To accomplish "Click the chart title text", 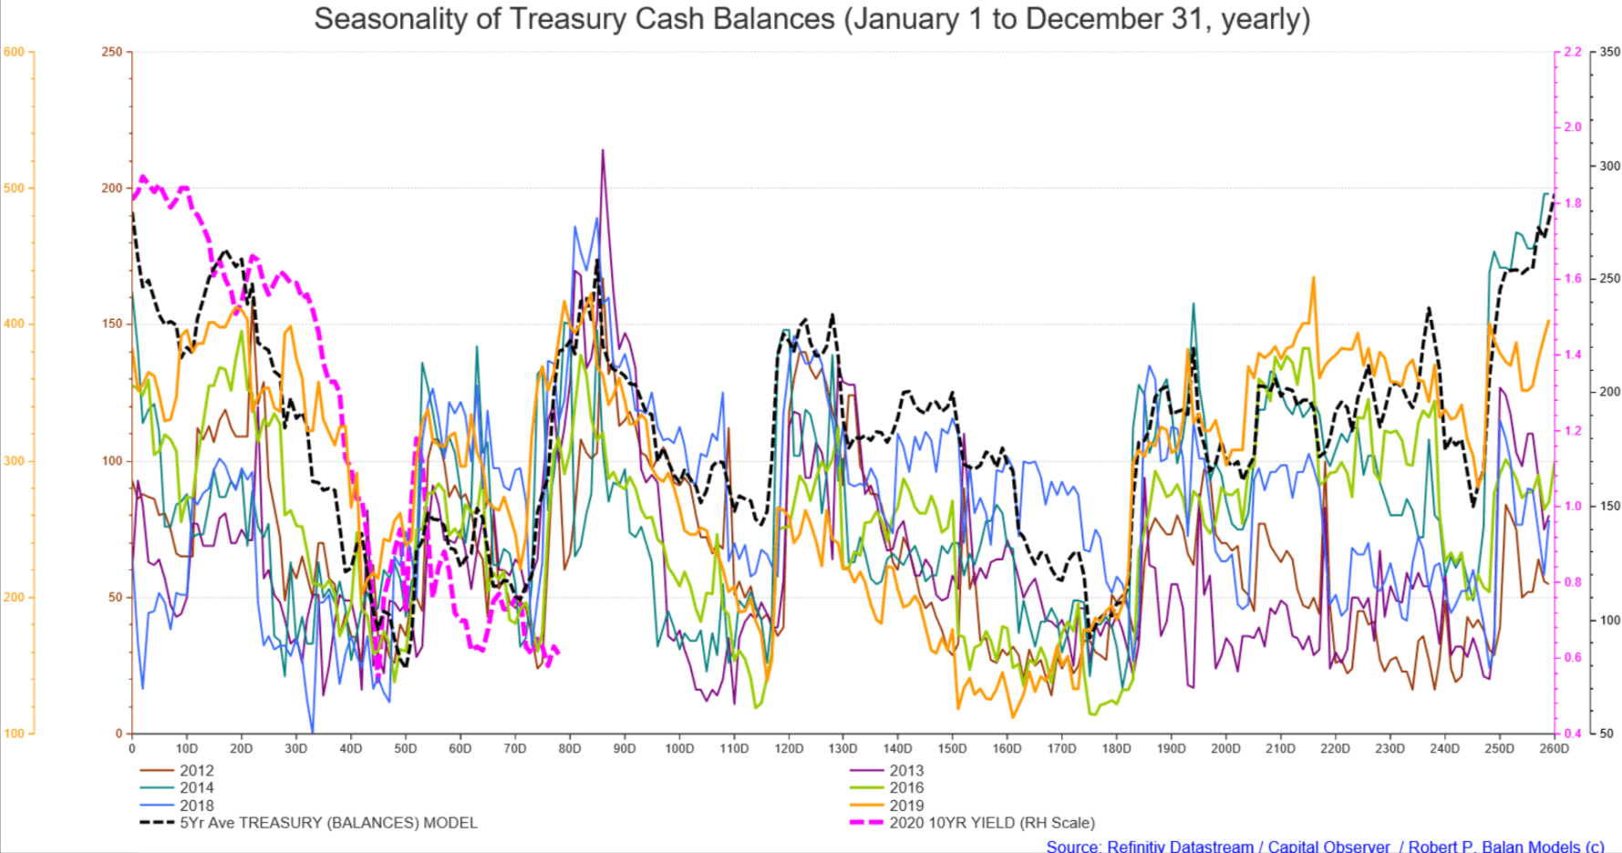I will pos(811,19).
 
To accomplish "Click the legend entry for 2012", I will pos(196,771).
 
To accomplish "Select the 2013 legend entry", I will pos(905,771).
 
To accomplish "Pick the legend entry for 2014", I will pos(196,788).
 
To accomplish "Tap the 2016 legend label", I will pos(905,788).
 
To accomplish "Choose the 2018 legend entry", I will pos(196,806).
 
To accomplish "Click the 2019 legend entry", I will pos(905,806).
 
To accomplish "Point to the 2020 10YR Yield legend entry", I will pos(991,823).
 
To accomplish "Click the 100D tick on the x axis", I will pos(679,749).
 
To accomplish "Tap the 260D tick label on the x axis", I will pos(1554,749).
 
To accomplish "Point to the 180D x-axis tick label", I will pos(1116,749).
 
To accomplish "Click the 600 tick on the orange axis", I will pos(14,52).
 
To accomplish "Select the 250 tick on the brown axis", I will pos(111,52).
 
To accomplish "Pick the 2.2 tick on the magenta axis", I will pos(1572,52).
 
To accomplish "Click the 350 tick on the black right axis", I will pos(1609,52).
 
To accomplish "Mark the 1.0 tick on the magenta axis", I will pos(1573,506).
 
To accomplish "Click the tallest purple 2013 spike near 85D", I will pos(603,151).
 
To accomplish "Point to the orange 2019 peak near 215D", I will pos(1314,279).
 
